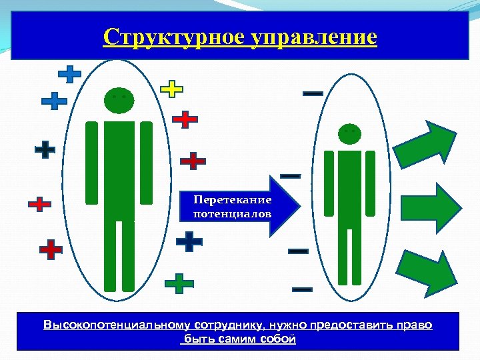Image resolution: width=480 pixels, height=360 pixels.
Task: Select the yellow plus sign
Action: pyautogui.click(x=172, y=89)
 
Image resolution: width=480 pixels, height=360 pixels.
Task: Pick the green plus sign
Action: pyautogui.click(x=179, y=283)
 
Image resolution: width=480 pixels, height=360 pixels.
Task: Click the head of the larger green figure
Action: pyautogui.click(x=119, y=99)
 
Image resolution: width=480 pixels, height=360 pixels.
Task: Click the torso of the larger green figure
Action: pyautogui.click(x=119, y=167)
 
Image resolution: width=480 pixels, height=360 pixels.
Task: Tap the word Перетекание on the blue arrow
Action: pyautogui.click(x=233, y=200)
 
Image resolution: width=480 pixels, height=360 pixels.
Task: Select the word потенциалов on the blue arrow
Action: pyautogui.click(x=233, y=214)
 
